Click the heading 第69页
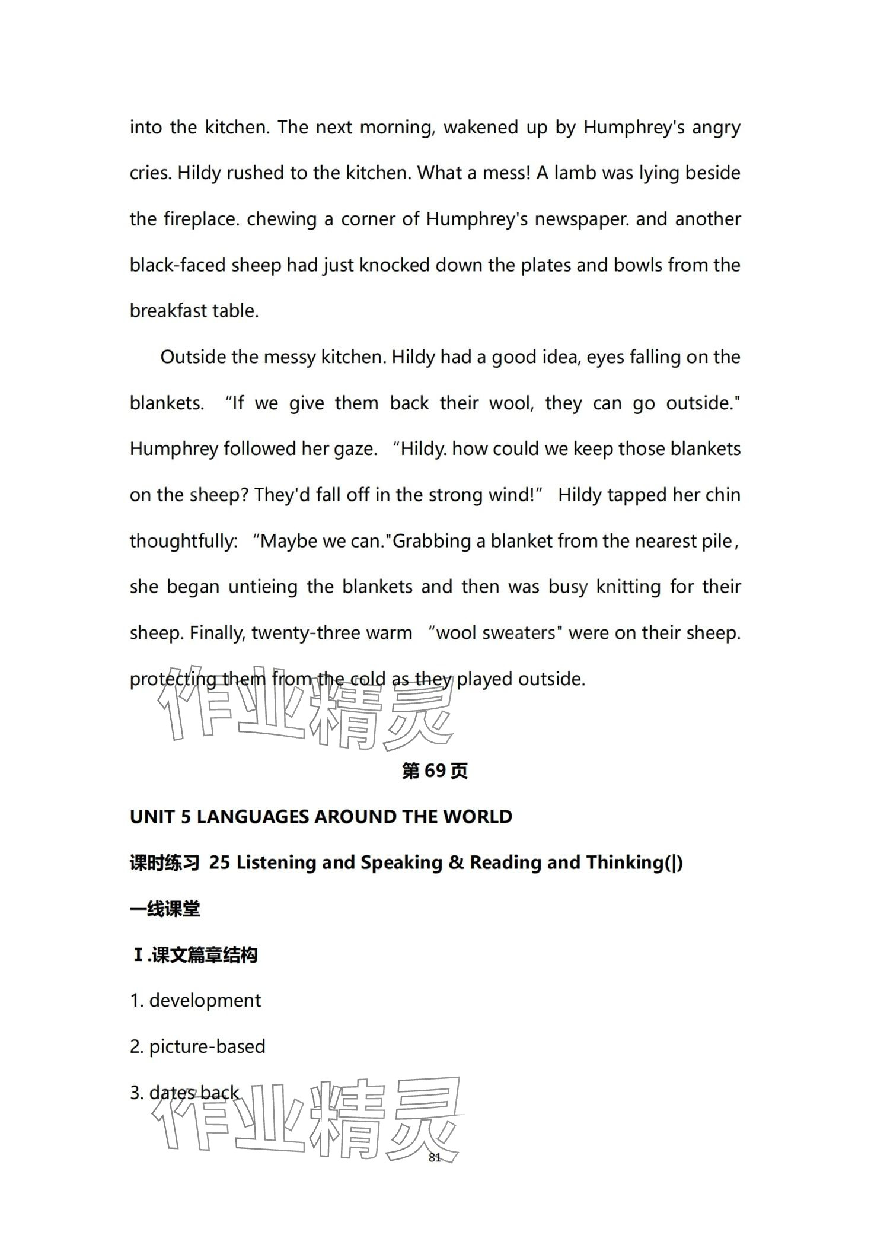click(x=435, y=771)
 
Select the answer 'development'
click(x=205, y=1001)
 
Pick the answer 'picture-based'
click(x=207, y=1046)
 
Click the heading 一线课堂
click(x=165, y=909)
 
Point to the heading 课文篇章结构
click(x=204, y=955)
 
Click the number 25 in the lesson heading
click(x=219, y=862)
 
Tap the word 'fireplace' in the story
click(x=202, y=219)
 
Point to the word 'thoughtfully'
click(x=183, y=541)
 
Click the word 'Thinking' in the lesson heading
click(x=625, y=862)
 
